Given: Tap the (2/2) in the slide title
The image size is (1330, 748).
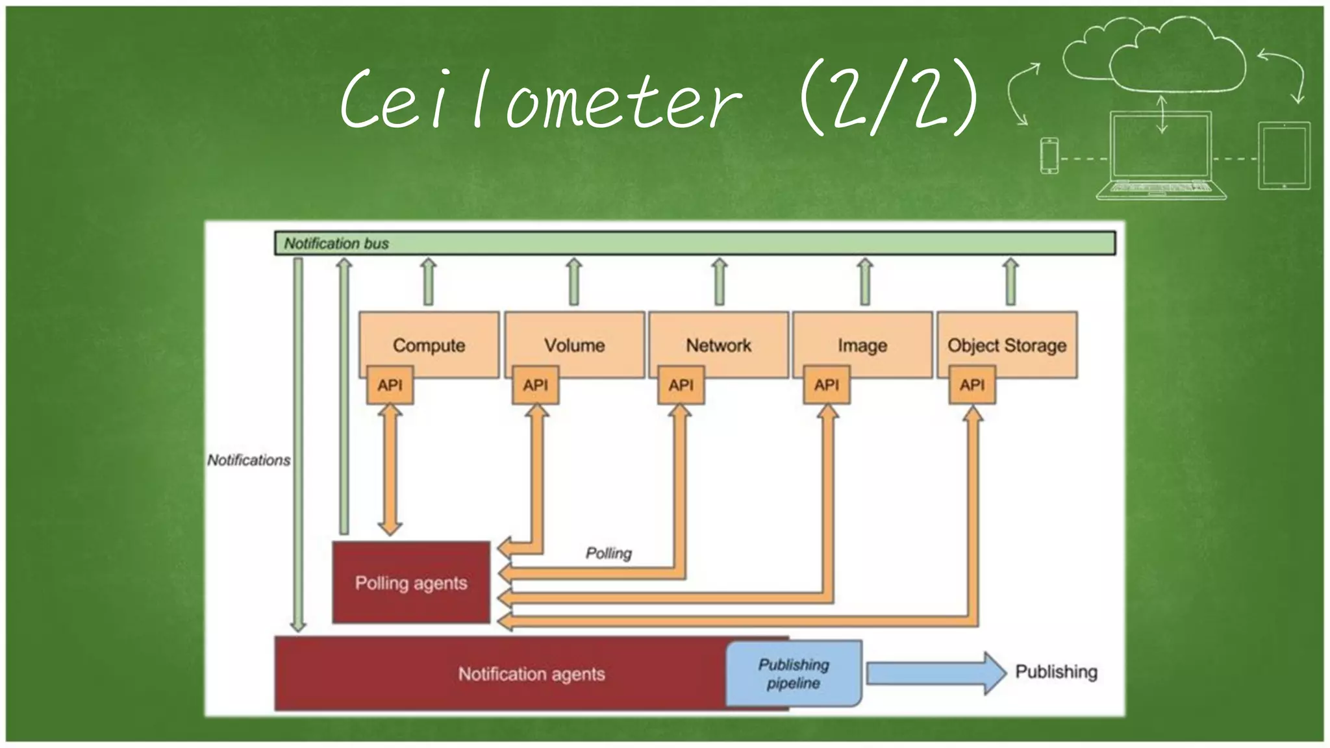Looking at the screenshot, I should tap(888, 99).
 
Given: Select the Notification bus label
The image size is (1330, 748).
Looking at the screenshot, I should tap(336, 243).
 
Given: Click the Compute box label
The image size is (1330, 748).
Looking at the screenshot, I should tap(429, 345).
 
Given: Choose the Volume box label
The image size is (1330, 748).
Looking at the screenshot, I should tap(574, 345).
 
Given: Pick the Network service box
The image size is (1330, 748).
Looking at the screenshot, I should tap(718, 345).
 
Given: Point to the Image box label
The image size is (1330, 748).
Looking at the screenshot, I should tap(862, 345).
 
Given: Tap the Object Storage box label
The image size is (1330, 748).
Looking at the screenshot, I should tap(1007, 345).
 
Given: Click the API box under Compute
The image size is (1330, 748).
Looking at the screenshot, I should tap(390, 385).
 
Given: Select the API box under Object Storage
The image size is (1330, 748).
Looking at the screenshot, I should tap(972, 385).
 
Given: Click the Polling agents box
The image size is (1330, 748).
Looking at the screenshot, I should tap(411, 582).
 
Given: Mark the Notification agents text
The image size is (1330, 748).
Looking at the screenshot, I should tap(531, 674).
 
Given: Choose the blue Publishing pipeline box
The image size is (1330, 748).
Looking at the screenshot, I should tap(794, 673).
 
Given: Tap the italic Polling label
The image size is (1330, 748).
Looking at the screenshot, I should tap(609, 553).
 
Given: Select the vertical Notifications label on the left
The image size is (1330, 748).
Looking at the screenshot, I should tap(248, 460).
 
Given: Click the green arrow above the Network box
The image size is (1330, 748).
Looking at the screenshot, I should tap(719, 281).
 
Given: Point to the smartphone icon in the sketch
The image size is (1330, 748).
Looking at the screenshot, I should tap(1049, 156).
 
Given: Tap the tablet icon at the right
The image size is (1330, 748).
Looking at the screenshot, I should tap(1284, 156).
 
